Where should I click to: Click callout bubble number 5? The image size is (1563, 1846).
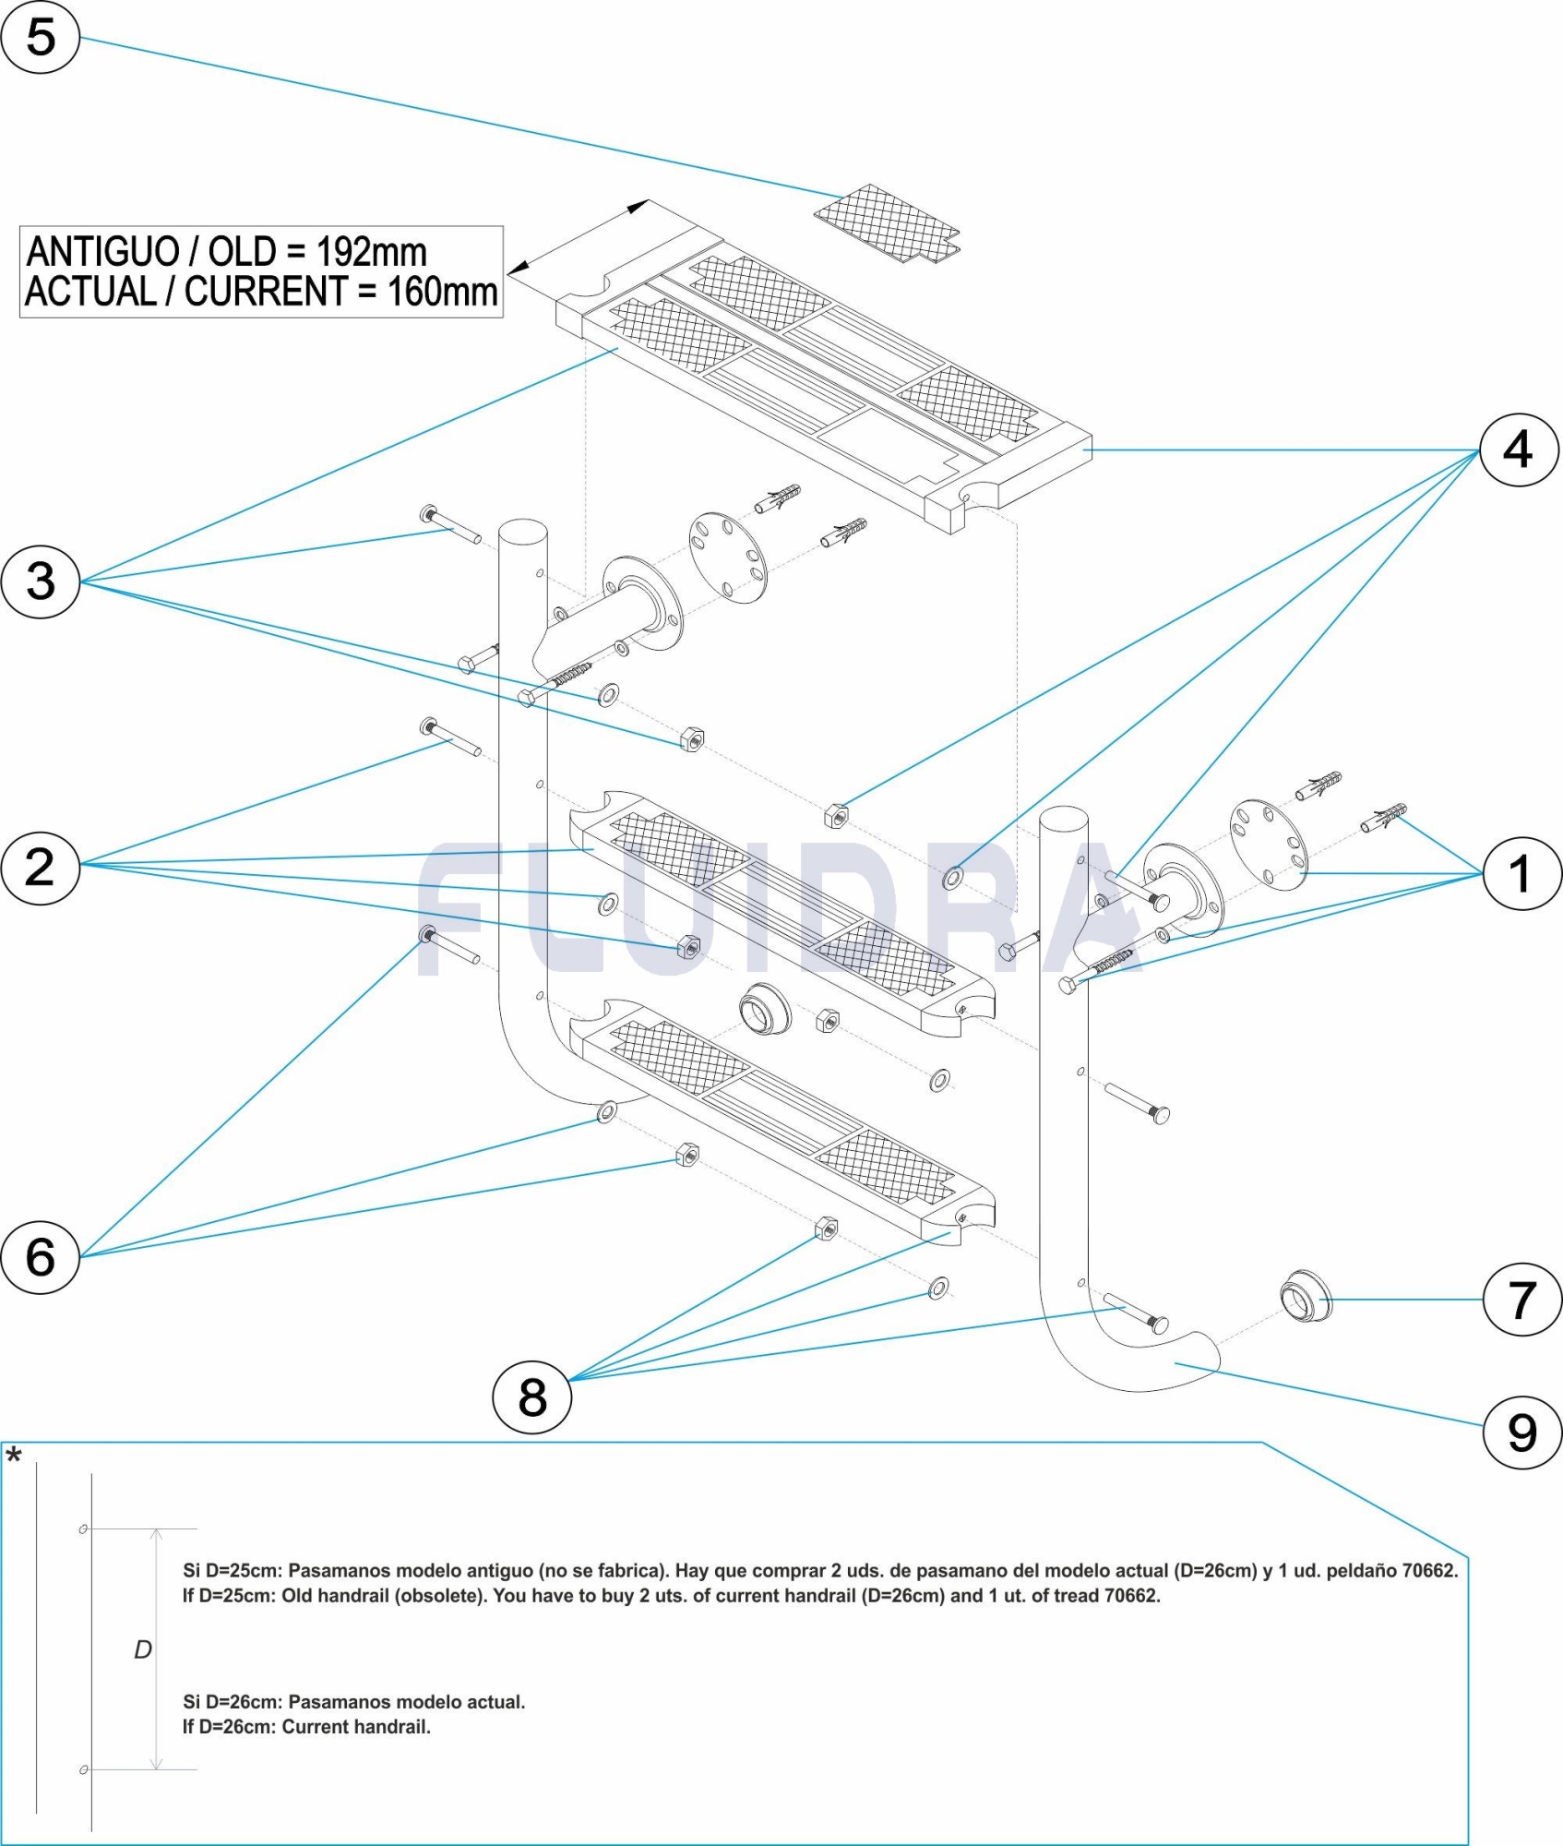(41, 37)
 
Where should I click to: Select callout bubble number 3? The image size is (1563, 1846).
(41, 581)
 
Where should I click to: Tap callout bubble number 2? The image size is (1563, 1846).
(41, 867)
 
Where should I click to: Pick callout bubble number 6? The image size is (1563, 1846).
(41, 1256)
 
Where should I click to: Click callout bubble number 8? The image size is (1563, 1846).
(532, 1396)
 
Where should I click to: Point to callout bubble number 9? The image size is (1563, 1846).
(1521, 1432)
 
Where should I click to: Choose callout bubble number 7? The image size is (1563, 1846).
(1521, 1300)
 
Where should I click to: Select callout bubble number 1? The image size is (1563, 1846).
(1521, 873)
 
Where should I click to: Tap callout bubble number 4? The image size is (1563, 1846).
(1519, 450)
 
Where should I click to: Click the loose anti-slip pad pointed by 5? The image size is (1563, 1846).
(886, 222)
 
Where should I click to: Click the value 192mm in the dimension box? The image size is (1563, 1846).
(371, 251)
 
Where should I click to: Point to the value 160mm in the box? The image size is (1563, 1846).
(442, 292)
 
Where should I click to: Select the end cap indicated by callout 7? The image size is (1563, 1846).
(1306, 1296)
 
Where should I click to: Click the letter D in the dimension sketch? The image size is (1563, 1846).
(143, 1649)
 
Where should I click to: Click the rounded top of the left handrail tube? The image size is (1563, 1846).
(522, 530)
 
